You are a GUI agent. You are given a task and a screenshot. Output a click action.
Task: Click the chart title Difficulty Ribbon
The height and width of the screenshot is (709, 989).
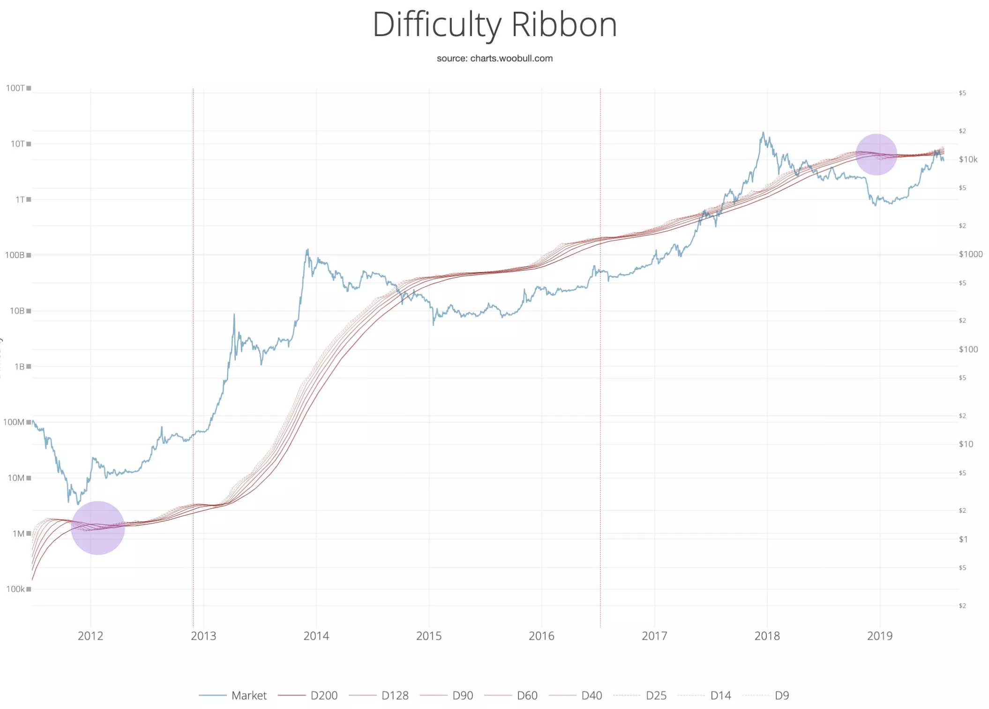click(494, 24)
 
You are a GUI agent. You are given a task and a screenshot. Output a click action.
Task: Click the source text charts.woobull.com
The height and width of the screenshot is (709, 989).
click(494, 59)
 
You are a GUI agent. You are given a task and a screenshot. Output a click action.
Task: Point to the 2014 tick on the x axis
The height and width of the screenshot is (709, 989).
click(316, 636)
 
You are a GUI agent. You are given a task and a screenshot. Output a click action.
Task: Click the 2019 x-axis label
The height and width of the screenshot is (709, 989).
click(879, 636)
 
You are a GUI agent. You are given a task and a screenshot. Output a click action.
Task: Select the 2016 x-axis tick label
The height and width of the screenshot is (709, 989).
click(541, 636)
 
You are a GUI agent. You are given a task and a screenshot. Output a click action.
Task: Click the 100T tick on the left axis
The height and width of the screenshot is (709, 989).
click(15, 88)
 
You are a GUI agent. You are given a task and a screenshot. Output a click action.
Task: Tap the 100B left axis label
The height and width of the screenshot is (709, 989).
click(15, 255)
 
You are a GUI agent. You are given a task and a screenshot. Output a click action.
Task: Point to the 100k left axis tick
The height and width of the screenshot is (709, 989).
click(15, 589)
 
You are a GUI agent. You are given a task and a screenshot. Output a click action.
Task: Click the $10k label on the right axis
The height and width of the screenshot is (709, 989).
click(968, 160)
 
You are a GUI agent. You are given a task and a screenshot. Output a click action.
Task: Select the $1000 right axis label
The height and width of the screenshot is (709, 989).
click(970, 254)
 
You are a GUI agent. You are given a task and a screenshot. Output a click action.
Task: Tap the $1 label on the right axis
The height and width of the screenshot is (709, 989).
click(963, 539)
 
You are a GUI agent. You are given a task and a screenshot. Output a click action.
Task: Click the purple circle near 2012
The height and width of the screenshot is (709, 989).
click(98, 528)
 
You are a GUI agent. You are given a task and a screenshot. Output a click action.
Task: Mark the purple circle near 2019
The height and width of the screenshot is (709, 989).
click(876, 155)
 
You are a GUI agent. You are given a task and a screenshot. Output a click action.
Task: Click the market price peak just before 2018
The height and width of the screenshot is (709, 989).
click(763, 133)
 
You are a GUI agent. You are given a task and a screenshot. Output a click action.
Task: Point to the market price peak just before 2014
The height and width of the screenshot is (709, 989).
click(307, 250)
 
